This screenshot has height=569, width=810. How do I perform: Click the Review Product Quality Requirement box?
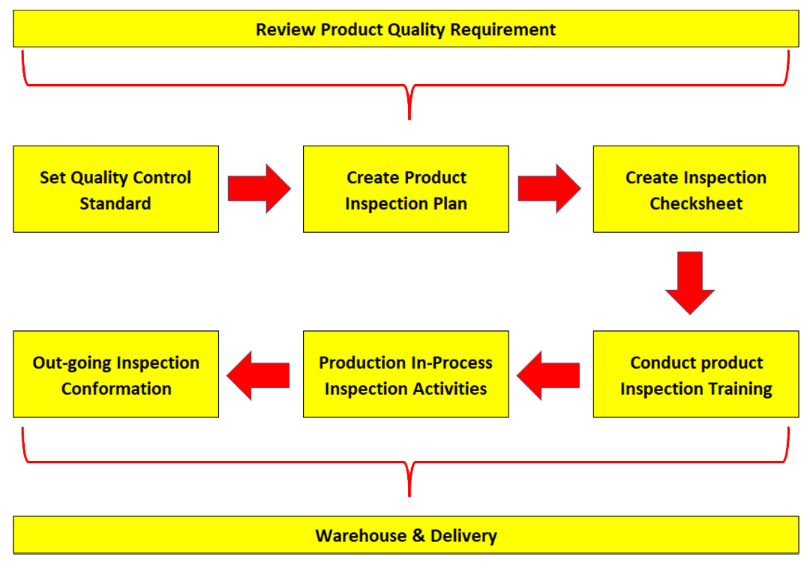406,29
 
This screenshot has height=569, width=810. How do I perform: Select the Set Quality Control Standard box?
115,189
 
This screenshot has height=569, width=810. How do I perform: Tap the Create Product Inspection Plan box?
406,189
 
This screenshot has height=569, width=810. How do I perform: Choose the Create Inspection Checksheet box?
696,189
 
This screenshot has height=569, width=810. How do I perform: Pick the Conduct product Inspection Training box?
696,374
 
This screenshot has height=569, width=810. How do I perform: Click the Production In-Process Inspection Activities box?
406,374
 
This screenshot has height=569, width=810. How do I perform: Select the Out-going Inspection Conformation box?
115,374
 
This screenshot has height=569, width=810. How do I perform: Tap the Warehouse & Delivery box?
406,535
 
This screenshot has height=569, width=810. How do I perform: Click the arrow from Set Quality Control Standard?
259,188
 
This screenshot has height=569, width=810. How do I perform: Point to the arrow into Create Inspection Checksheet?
549,188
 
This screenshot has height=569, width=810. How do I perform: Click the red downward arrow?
690,283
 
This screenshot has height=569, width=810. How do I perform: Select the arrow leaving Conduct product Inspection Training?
548,376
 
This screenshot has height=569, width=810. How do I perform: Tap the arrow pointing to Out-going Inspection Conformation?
258,376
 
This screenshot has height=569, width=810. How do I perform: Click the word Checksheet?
696,203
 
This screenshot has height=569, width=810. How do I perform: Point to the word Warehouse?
361,536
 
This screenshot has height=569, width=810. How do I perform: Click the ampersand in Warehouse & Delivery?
419,536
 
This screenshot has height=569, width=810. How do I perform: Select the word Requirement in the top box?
502,30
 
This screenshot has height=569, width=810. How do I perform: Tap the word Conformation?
116,389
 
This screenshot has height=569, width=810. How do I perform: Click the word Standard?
115,203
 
